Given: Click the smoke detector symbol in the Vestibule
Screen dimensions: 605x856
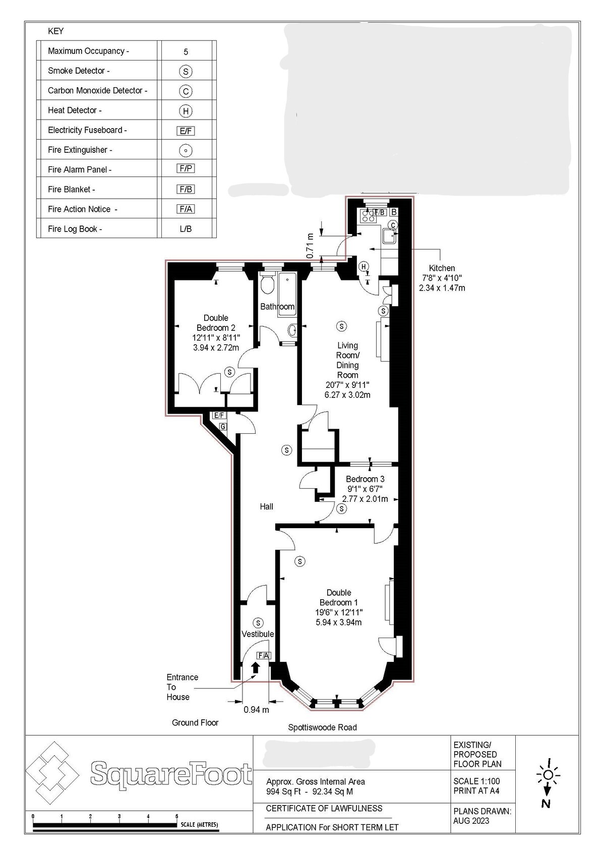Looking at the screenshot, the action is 258,623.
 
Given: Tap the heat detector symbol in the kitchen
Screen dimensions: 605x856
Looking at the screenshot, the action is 364,266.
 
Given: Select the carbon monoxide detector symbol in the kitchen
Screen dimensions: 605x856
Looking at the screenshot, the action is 393,225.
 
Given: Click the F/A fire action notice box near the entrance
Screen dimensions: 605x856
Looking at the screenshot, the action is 264,655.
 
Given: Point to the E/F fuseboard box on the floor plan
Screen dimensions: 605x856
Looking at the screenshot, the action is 219,415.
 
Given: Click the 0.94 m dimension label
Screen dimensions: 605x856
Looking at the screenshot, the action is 256,710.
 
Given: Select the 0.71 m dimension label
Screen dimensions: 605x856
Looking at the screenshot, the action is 310,245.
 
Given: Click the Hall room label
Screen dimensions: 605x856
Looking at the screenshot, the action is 266,506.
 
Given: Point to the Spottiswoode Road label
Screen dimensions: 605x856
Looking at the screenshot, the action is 322,727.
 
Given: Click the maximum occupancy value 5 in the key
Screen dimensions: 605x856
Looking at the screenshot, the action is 186,51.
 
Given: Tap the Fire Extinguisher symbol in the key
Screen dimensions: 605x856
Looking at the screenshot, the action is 186,150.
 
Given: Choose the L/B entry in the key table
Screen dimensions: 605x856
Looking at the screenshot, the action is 186,229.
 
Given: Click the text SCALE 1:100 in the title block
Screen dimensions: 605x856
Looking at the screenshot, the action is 476,781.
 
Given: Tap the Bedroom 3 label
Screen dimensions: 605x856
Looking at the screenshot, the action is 365,479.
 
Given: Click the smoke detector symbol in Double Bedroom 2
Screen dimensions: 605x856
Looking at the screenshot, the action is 229,371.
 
